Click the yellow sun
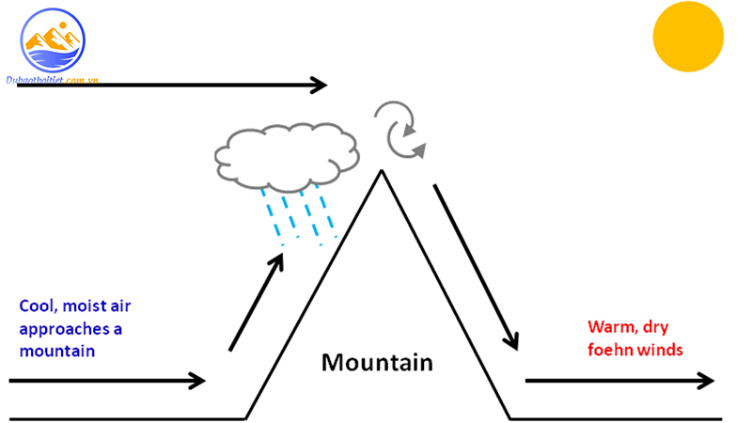click(x=688, y=37)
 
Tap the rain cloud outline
click(x=287, y=152)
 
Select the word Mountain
click(x=377, y=362)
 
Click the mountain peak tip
click(x=382, y=171)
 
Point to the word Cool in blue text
click(x=38, y=307)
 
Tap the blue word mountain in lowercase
click(x=57, y=351)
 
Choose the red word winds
click(x=663, y=350)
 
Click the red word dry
click(x=658, y=327)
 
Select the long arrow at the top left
click(x=169, y=86)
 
